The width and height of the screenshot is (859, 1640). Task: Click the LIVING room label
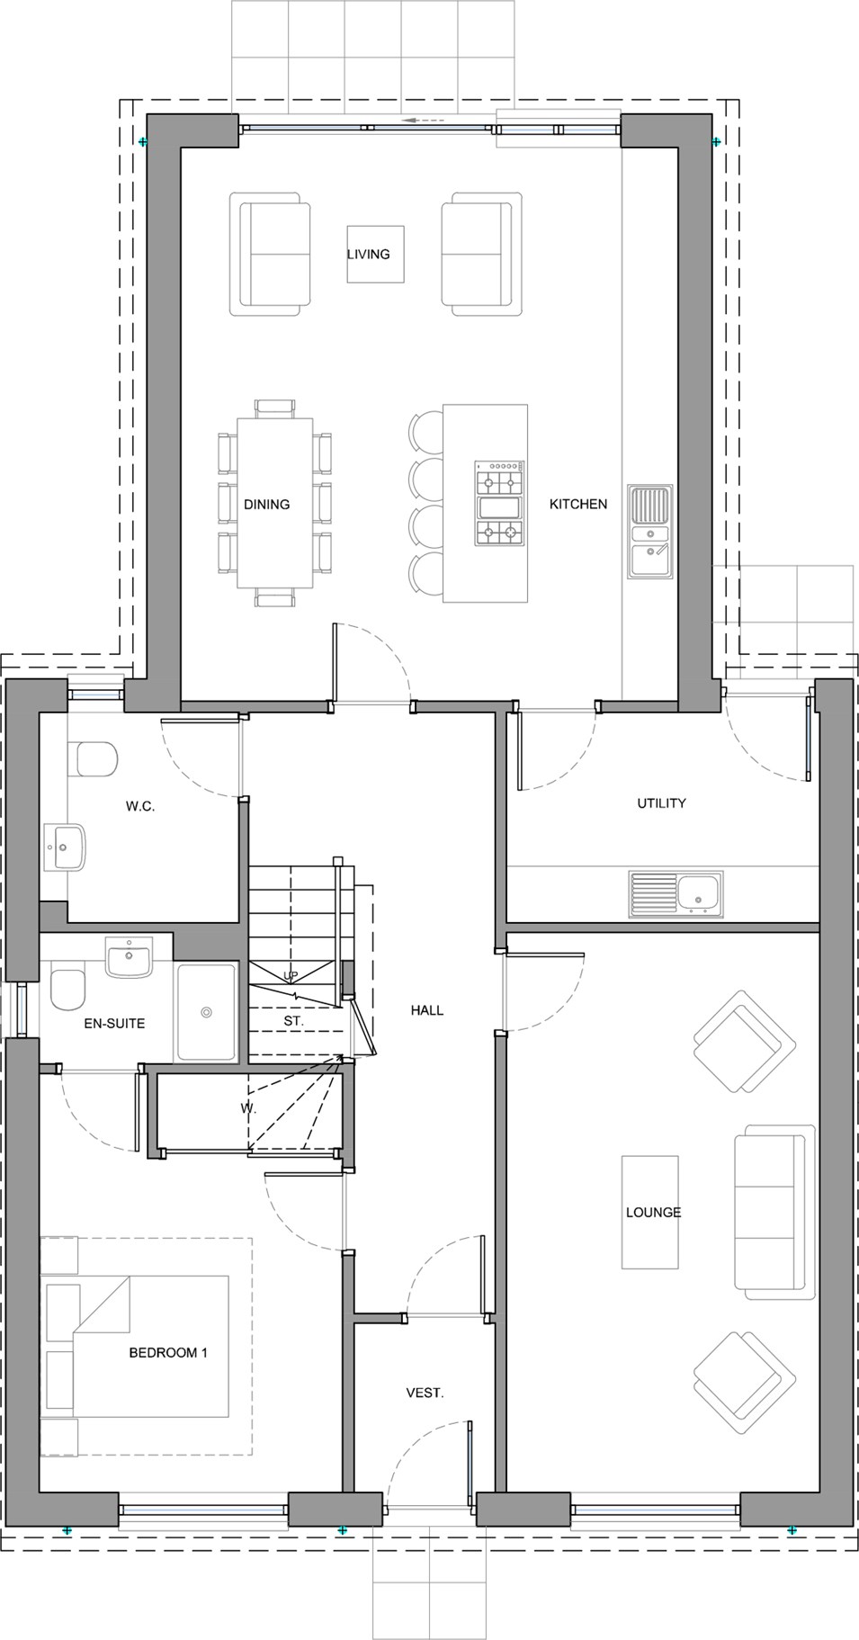[369, 255]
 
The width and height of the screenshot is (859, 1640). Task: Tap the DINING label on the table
[267, 505]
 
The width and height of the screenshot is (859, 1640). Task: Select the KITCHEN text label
[578, 505]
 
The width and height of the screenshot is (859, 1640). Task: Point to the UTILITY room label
[662, 803]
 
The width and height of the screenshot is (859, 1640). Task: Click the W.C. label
[140, 807]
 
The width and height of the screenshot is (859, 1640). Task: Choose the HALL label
[427, 1010]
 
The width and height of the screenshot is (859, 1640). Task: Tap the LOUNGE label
[654, 1213]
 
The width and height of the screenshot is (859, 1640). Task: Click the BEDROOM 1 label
[168, 1353]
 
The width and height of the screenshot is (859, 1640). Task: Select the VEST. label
[425, 1394]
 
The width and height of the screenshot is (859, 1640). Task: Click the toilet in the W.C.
[93, 759]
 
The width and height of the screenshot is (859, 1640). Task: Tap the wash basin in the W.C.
[65, 847]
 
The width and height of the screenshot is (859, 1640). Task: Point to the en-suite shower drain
[207, 1013]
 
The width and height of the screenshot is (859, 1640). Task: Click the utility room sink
[676, 894]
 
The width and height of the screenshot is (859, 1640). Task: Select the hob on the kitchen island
[499, 504]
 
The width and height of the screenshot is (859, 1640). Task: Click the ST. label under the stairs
[293, 1022]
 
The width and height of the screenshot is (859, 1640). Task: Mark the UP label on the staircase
[291, 976]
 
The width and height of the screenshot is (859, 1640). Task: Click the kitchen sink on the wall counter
[650, 532]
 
